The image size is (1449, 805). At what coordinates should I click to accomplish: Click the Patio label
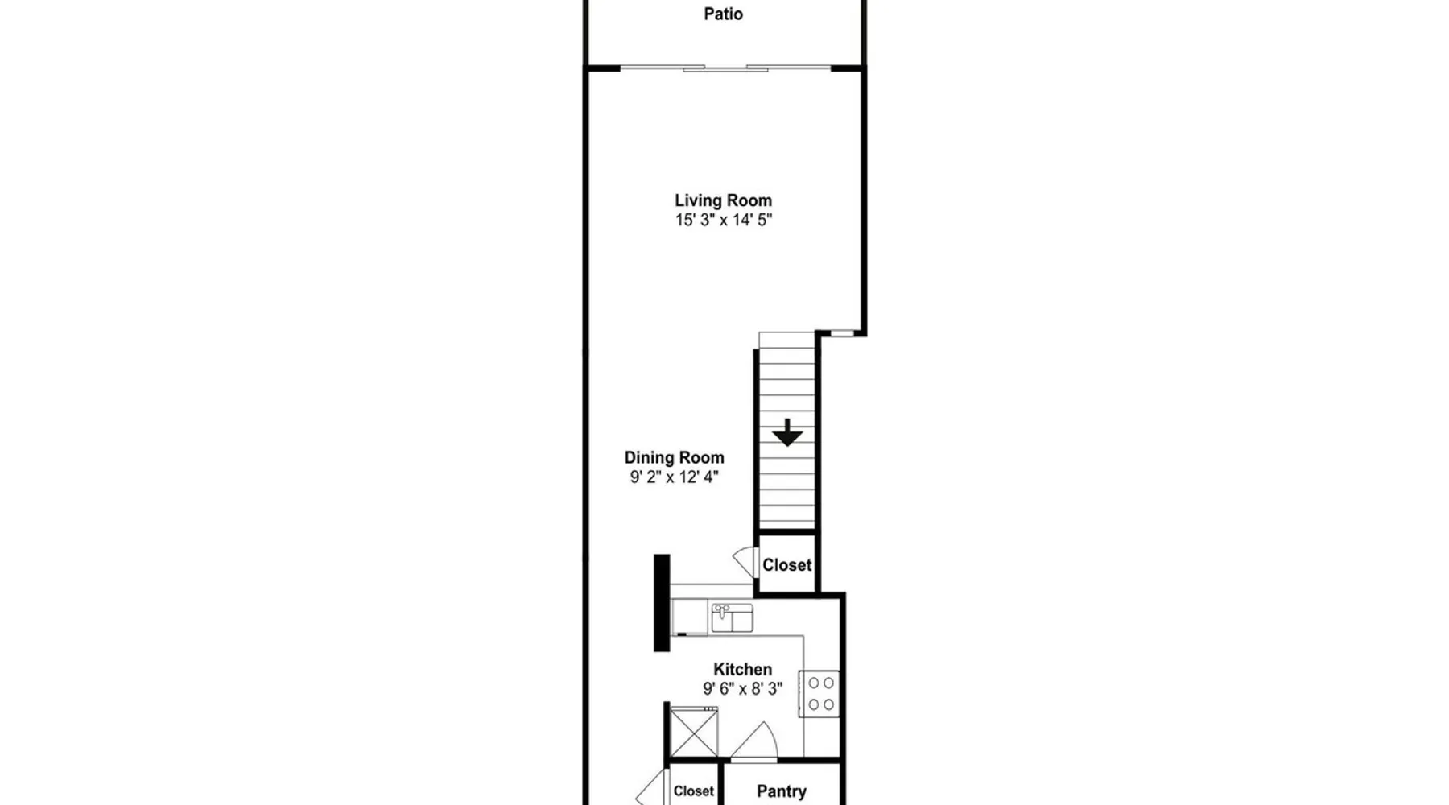click(x=723, y=14)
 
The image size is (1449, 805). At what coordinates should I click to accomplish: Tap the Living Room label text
click(x=723, y=200)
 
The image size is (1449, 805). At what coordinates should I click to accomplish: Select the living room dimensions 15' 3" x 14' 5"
click(x=723, y=220)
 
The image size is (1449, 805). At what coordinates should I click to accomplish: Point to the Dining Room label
click(x=674, y=457)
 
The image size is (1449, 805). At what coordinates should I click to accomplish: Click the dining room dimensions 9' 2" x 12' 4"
click(x=674, y=477)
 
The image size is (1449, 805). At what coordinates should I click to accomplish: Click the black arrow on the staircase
click(x=787, y=432)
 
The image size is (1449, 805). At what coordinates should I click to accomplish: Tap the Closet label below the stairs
click(x=786, y=565)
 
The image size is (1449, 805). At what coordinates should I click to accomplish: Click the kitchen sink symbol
click(x=732, y=618)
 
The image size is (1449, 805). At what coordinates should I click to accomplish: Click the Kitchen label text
click(x=742, y=669)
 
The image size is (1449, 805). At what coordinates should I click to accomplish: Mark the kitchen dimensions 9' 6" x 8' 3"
click(x=742, y=688)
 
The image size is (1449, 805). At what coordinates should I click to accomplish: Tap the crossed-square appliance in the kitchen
click(x=694, y=732)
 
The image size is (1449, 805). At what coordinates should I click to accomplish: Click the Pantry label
click(x=781, y=791)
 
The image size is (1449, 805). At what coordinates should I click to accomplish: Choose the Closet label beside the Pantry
click(x=693, y=791)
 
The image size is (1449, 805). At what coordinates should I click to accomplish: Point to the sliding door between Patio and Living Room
click(x=725, y=68)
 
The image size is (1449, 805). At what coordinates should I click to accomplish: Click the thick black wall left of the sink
click(x=662, y=602)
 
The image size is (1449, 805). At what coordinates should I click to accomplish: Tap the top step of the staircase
click(x=787, y=341)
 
